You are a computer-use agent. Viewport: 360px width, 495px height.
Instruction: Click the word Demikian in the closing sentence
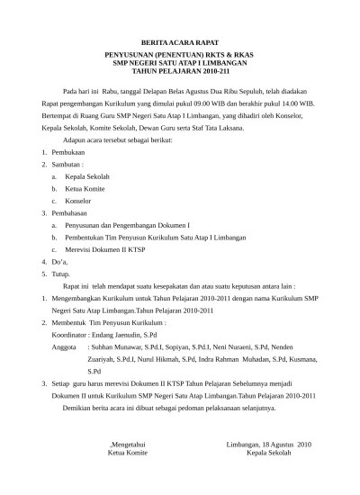(78, 406)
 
